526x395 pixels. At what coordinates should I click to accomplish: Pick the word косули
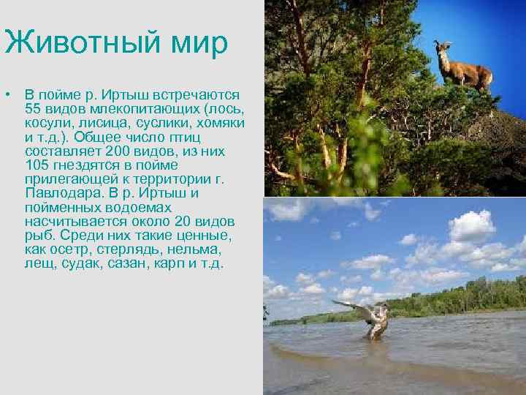click(x=45, y=121)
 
